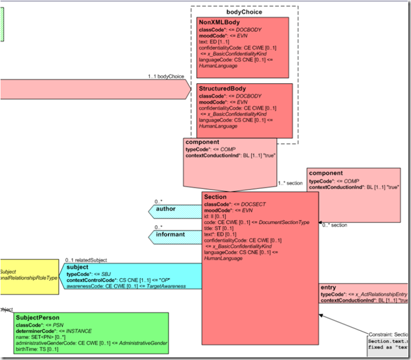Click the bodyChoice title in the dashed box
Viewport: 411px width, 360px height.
pyautogui.click(x=244, y=12)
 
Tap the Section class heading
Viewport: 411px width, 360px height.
pyautogui.click(x=215, y=197)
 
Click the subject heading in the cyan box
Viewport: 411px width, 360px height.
pyautogui.click(x=77, y=267)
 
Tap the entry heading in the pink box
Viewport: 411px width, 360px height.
pyautogui.click(x=328, y=288)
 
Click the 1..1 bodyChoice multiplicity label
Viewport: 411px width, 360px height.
pyautogui.click(x=166, y=77)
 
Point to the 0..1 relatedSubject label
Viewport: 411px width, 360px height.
pyautogui.click(x=86, y=260)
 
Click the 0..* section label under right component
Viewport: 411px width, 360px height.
pyautogui.click(x=334, y=225)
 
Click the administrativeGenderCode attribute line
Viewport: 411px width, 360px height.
pyautogui.click(x=86, y=343)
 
